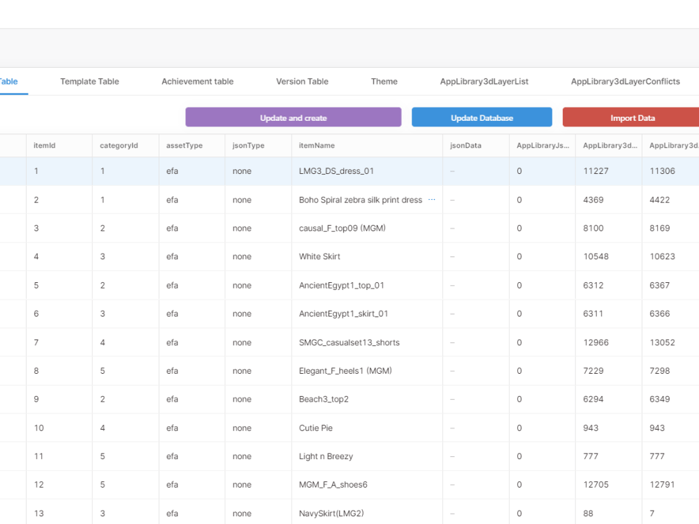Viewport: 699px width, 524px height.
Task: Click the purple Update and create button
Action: point(293,117)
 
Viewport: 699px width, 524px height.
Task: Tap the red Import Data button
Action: point(632,117)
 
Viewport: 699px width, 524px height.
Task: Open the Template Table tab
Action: point(89,82)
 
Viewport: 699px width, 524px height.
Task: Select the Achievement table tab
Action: point(197,82)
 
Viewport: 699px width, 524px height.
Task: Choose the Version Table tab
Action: point(302,82)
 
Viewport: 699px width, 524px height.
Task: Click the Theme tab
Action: point(384,82)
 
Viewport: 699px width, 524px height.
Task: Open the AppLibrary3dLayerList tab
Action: point(484,82)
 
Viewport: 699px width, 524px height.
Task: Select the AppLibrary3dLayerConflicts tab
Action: point(625,82)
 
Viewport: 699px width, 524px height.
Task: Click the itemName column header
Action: point(317,145)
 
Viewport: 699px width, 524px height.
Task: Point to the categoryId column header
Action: point(119,145)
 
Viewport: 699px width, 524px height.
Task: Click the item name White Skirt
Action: point(319,256)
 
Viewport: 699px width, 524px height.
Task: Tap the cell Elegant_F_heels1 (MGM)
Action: point(345,371)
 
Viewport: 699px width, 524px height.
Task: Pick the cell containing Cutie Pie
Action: point(315,428)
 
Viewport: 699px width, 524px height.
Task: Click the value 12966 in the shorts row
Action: point(596,342)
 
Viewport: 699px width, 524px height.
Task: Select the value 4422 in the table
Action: point(659,200)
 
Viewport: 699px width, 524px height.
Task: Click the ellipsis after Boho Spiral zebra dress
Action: point(431,200)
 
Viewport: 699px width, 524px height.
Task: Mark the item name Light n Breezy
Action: point(326,456)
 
